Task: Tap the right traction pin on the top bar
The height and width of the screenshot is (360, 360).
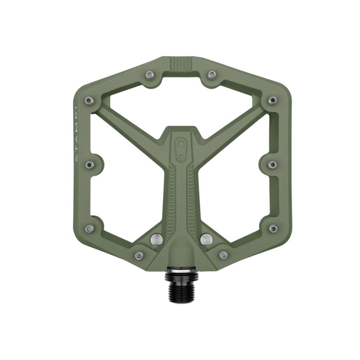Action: pos(212,75)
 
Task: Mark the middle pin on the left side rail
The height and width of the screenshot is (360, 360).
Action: pos(89,165)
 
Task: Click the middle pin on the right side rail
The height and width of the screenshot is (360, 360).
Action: pos(272,165)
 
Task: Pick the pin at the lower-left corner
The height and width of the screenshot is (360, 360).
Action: pos(89,228)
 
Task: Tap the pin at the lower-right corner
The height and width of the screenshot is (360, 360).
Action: pos(273,228)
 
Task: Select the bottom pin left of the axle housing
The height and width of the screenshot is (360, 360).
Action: pos(139,255)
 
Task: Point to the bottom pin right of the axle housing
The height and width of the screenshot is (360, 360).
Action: pos(223,255)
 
